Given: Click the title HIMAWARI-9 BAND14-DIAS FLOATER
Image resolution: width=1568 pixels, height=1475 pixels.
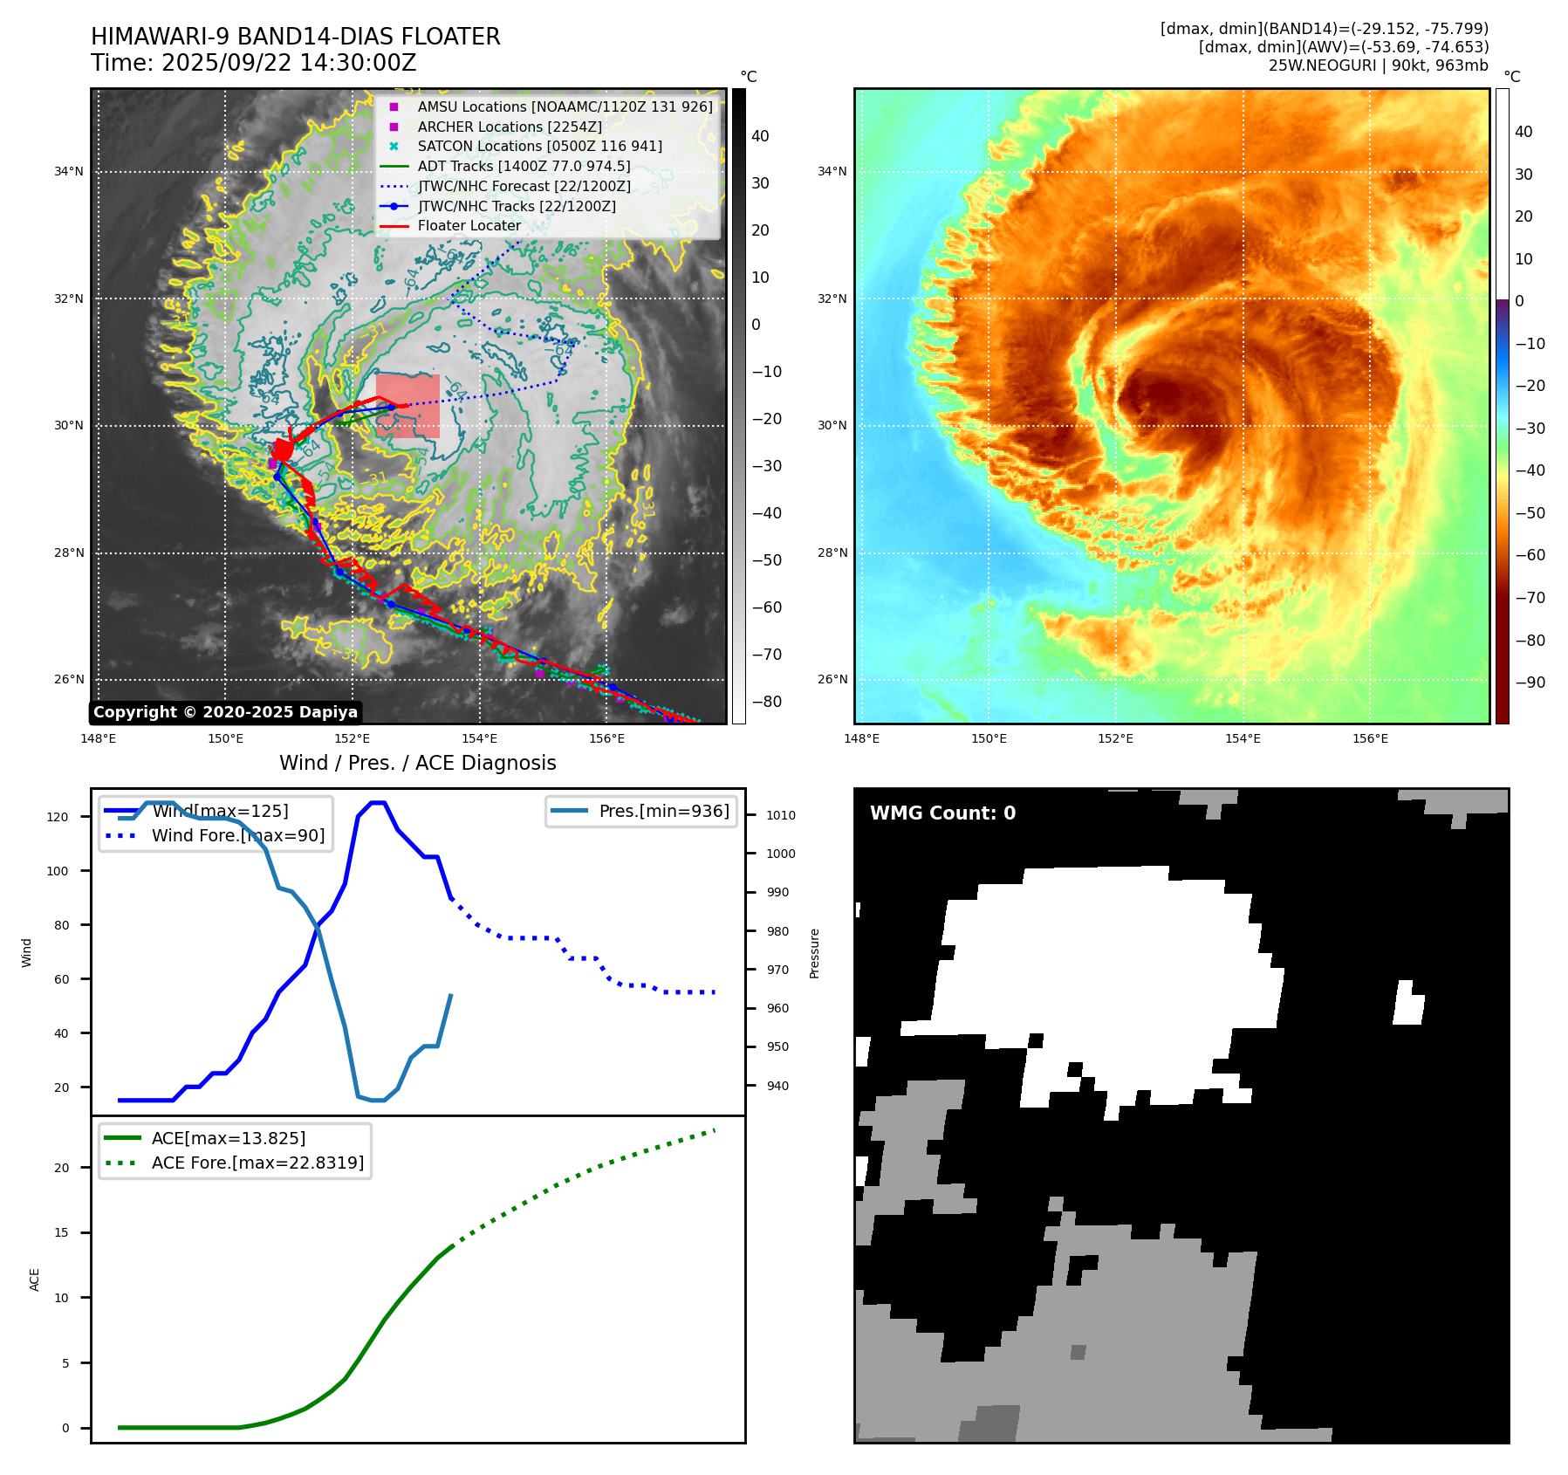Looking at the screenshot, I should click(295, 37).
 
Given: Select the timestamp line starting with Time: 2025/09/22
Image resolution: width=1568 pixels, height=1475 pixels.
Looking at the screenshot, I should click(253, 63).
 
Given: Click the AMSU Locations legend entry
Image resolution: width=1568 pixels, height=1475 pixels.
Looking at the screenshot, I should click(564, 106).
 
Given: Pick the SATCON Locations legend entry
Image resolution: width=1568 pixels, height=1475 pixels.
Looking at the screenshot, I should click(539, 146).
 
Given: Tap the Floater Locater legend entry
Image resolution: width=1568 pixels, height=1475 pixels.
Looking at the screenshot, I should click(469, 225).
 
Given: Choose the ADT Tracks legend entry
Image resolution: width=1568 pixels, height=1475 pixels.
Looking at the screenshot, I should click(524, 166).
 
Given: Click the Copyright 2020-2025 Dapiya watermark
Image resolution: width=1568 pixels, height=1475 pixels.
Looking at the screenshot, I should click(225, 712).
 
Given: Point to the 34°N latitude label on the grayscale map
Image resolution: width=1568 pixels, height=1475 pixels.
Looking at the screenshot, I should click(69, 171).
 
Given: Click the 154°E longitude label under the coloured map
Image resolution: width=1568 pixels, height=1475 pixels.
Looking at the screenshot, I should click(1242, 738).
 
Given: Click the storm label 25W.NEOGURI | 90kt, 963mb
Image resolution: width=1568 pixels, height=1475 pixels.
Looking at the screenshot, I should click(1378, 65).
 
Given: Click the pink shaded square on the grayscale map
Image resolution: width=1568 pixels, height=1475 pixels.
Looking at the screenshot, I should click(407, 406).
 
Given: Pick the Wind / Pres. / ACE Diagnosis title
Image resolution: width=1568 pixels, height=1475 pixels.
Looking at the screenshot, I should click(417, 763).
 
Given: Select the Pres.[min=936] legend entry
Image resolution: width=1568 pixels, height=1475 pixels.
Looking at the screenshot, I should click(663, 811).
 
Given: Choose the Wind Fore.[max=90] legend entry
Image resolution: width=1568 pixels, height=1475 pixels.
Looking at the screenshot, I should click(237, 835).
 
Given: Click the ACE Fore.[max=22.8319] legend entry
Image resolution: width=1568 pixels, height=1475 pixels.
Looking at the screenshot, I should click(257, 1163).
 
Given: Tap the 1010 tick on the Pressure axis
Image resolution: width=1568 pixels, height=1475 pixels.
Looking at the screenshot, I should click(780, 815).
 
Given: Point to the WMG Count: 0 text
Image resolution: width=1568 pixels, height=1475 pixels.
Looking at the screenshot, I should click(942, 813).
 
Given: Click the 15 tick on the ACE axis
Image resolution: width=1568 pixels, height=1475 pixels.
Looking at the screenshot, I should click(61, 1232).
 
